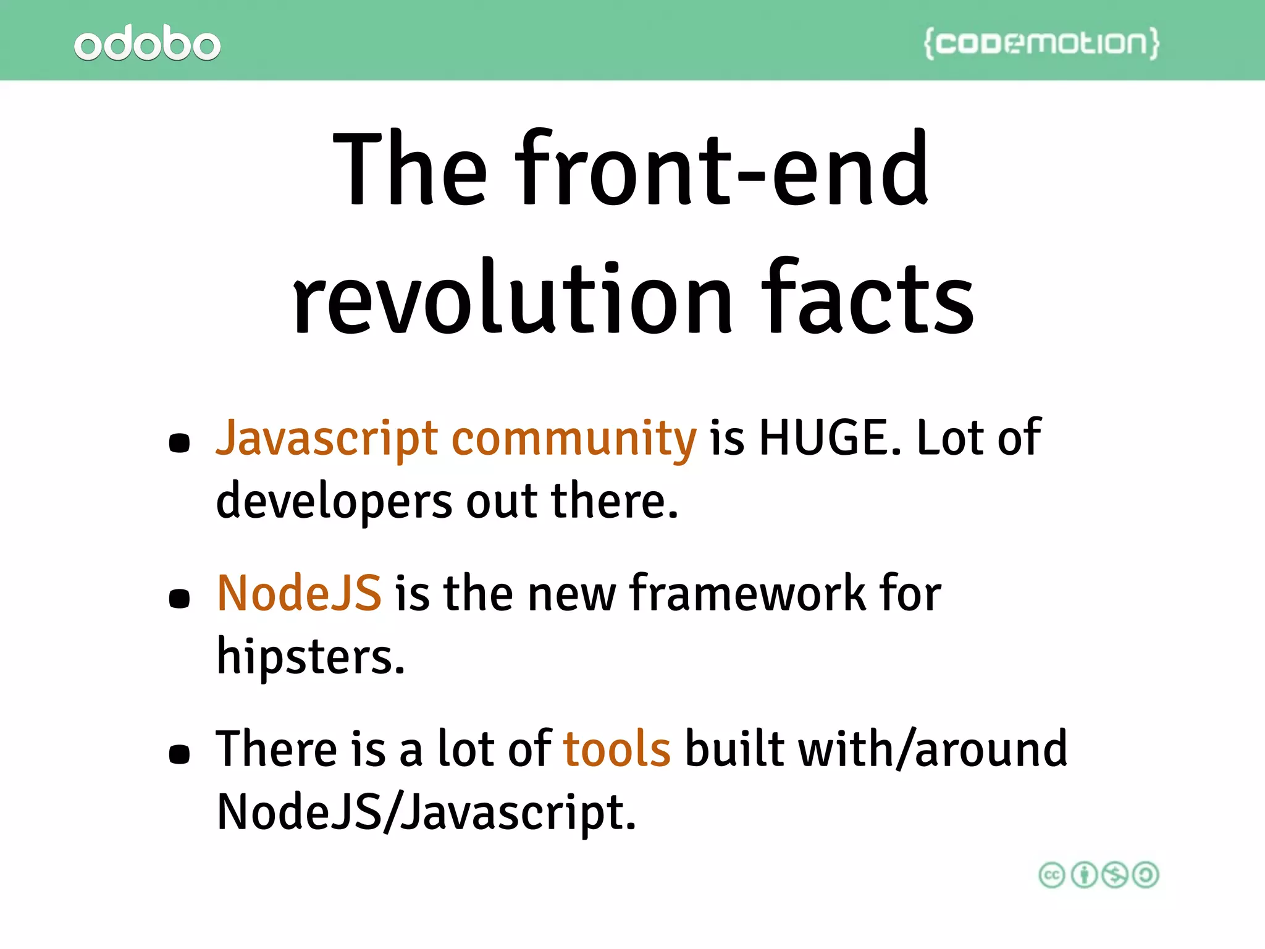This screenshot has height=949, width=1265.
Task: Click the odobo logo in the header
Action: [x=147, y=43]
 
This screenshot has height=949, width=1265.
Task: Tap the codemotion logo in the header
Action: [x=1041, y=43]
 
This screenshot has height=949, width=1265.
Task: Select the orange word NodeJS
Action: [x=299, y=593]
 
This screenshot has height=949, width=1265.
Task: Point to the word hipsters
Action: [x=310, y=656]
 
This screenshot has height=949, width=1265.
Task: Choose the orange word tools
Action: [x=616, y=749]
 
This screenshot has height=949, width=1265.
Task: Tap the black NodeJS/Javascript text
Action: [x=426, y=812]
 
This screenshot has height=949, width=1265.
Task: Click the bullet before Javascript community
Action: [x=179, y=443]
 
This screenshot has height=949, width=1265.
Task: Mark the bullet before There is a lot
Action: [x=179, y=754]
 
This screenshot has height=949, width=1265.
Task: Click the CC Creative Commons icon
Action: [x=1052, y=875]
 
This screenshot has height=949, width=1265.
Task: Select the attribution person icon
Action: [x=1083, y=875]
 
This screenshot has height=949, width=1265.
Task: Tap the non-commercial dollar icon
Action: [x=1115, y=875]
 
